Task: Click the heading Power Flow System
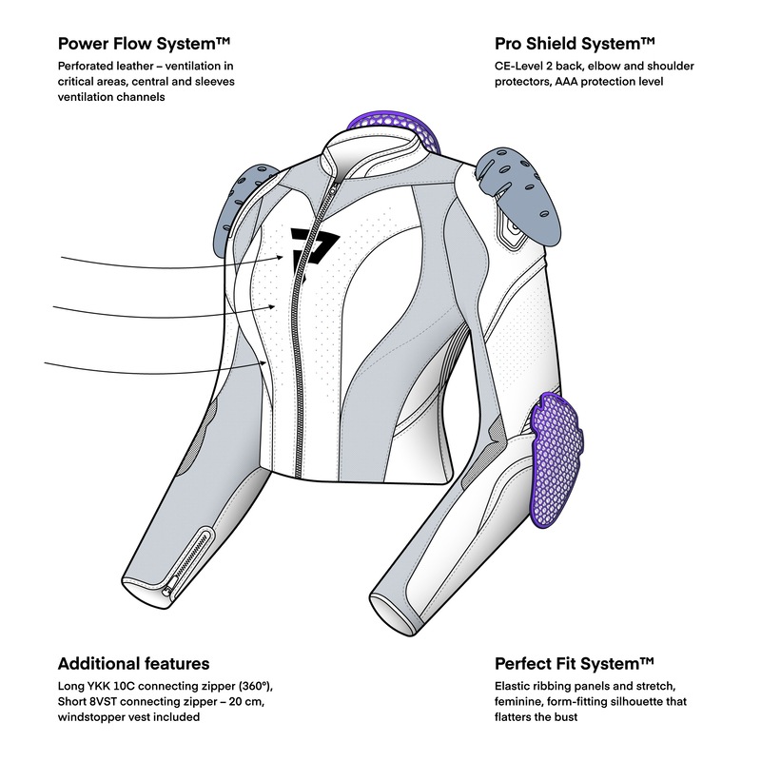[x=146, y=44]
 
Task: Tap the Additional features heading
[x=133, y=663]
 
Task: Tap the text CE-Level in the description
[x=521, y=68]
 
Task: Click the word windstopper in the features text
[x=93, y=717]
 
